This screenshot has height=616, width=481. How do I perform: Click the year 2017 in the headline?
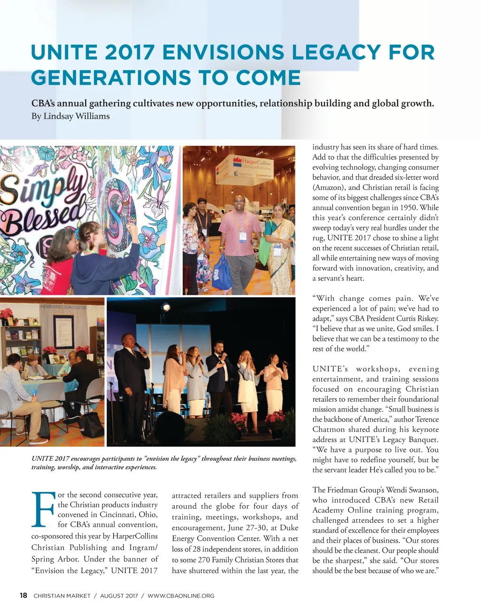click(x=130, y=52)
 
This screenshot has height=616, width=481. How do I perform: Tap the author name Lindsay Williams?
click(x=76, y=116)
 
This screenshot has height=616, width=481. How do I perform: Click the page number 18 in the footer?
click(x=23, y=595)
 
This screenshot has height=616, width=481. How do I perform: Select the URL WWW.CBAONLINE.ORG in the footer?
click(x=181, y=596)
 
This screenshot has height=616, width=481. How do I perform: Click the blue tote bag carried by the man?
click(x=221, y=273)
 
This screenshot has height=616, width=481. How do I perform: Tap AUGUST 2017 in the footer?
click(x=119, y=596)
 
